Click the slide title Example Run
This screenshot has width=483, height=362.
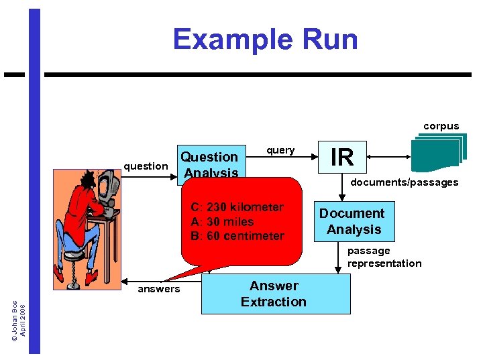tap(265, 40)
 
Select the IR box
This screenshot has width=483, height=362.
tap(342, 157)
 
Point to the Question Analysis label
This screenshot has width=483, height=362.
tap(210, 164)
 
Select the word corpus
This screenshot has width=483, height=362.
tap(441, 126)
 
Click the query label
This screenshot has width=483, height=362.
tap(280, 150)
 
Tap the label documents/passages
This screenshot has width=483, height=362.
tap(405, 182)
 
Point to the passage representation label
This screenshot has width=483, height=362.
tap(384, 257)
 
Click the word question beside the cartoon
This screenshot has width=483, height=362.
tap(146, 166)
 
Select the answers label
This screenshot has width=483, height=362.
tap(158, 289)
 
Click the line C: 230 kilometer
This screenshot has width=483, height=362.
tap(237, 207)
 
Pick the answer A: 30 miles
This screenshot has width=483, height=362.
tap(222, 222)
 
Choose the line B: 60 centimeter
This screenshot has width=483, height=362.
tap(237, 236)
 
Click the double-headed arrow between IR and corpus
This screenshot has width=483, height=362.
tap(388, 157)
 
